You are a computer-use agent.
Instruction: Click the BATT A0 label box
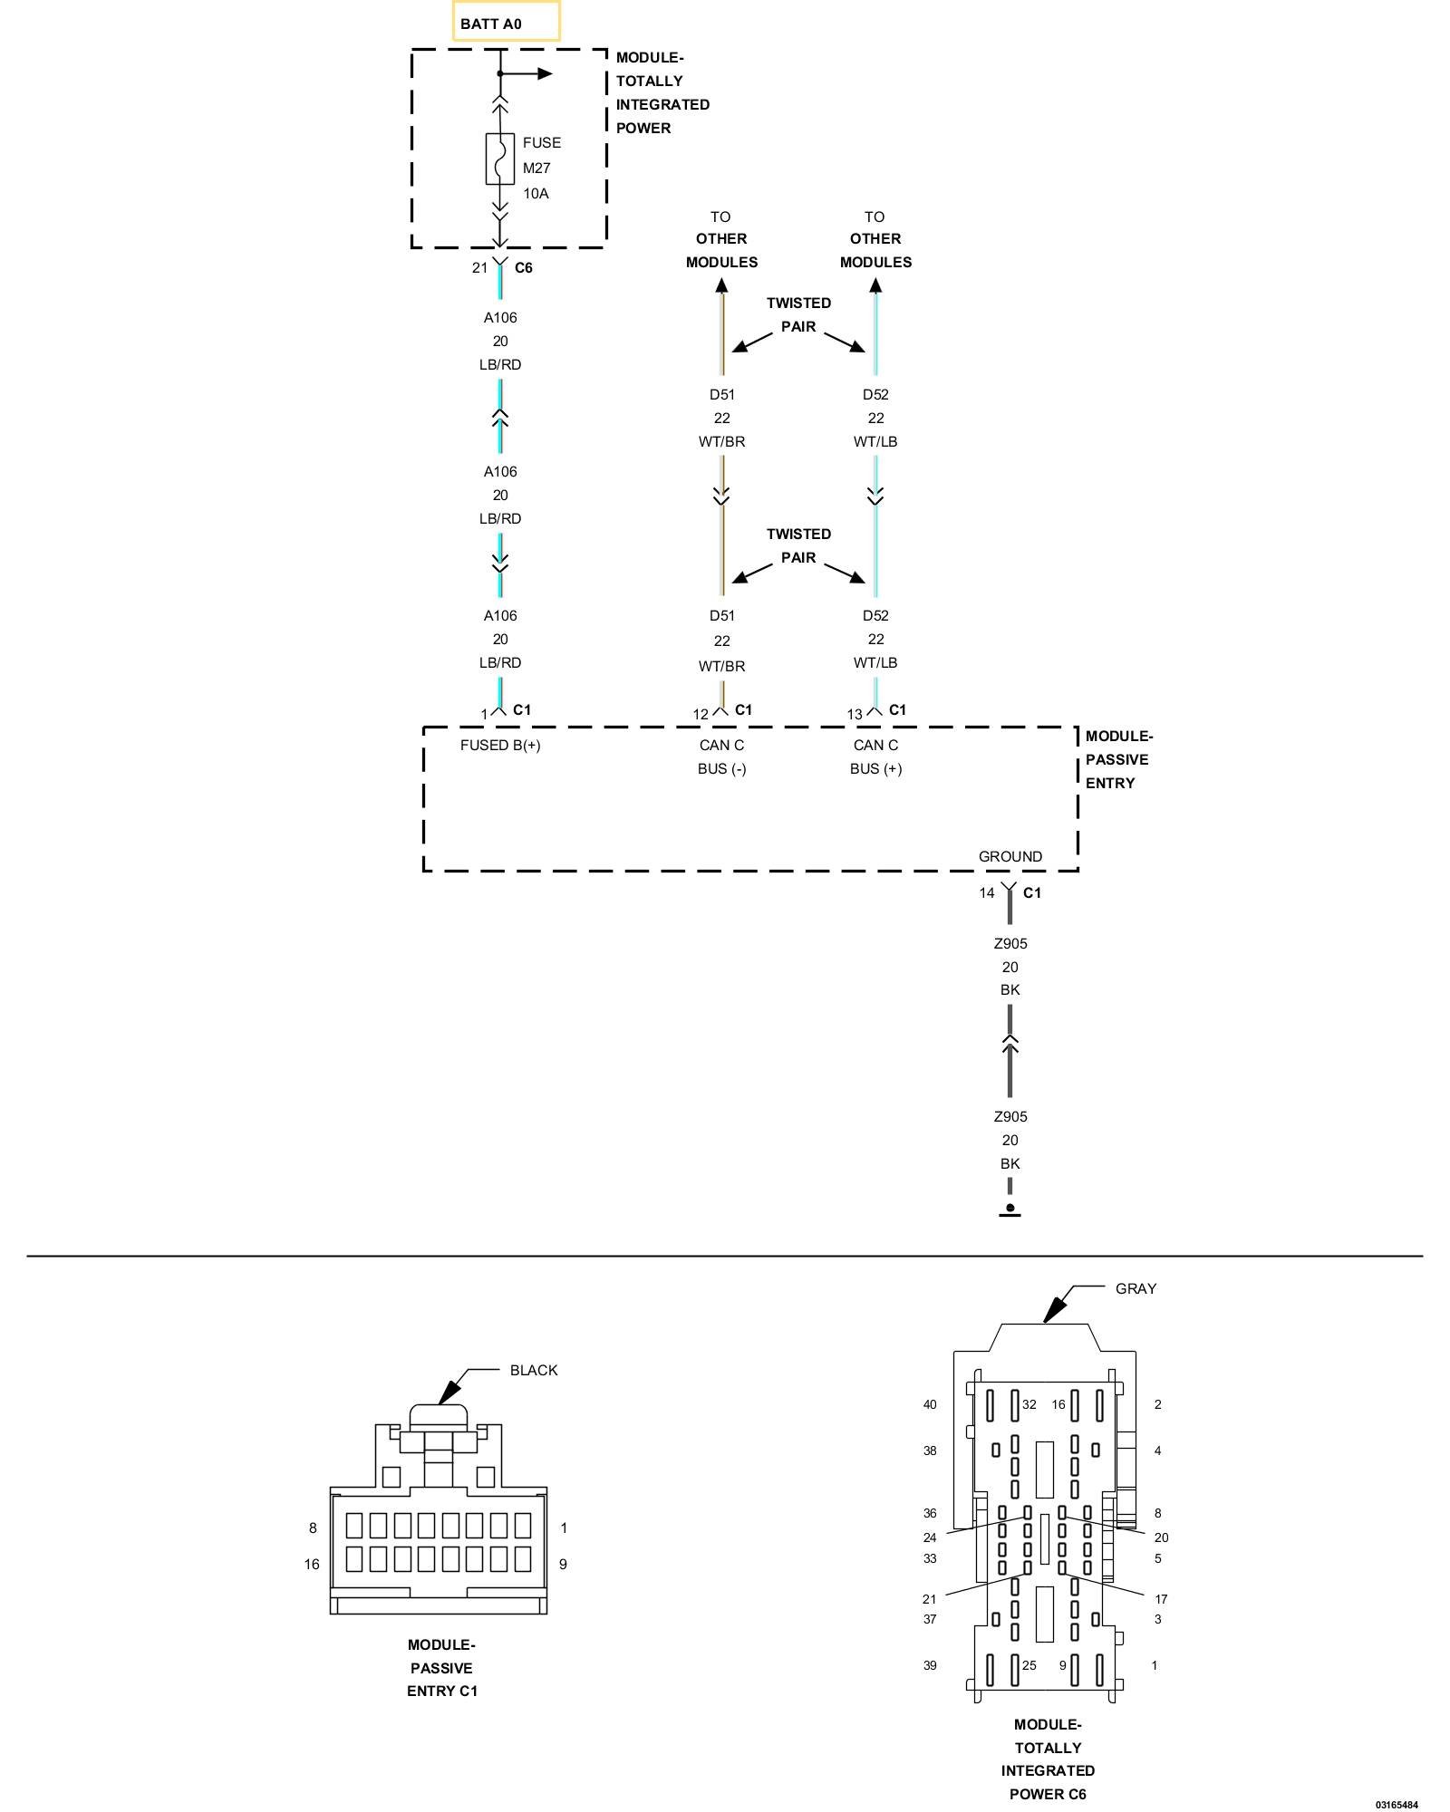[x=506, y=22]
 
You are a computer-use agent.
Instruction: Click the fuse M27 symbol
[x=500, y=159]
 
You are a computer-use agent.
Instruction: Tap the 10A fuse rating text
[x=536, y=193]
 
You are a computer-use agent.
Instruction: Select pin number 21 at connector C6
[x=479, y=267]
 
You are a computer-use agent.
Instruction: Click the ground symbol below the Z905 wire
[x=1010, y=1210]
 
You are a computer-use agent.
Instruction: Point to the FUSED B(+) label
[x=500, y=745]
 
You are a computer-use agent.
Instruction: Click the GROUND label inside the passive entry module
[x=1010, y=856]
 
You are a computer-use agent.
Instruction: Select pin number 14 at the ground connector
[x=986, y=892]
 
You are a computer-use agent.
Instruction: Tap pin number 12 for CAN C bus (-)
[x=701, y=714]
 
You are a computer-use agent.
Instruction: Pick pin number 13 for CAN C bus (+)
[x=855, y=714]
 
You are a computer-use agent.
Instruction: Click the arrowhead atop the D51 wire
[x=721, y=285]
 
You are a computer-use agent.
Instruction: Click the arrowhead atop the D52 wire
[x=875, y=285]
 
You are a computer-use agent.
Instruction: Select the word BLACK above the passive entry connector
[x=534, y=1370]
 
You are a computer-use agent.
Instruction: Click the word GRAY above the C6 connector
[x=1136, y=1288]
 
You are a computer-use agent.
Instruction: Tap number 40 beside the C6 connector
[x=930, y=1404]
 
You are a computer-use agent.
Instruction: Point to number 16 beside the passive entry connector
[x=312, y=1564]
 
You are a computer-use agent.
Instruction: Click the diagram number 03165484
[x=1397, y=1805]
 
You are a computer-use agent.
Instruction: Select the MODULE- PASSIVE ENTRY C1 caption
[x=441, y=1667]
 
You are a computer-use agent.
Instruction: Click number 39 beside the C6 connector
[x=930, y=1665]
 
